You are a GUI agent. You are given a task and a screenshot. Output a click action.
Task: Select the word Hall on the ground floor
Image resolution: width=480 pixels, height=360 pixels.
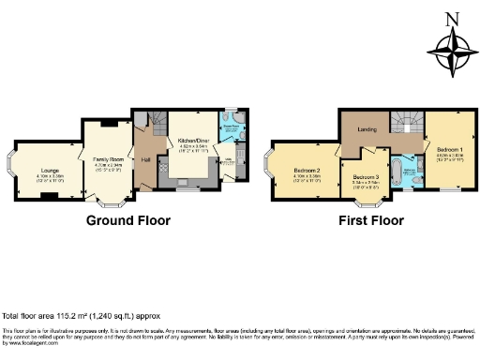coord(146,159)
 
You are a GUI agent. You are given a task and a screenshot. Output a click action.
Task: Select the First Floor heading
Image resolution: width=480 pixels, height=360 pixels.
coord(371,222)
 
